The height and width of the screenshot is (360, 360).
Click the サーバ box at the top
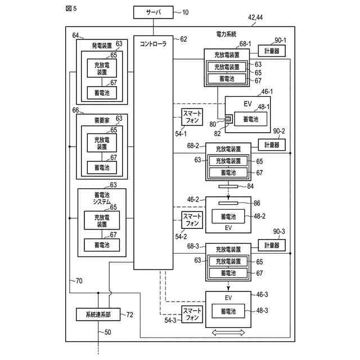click(x=154, y=12)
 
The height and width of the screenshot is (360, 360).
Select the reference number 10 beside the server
click(x=185, y=12)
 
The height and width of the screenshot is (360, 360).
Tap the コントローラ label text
click(x=153, y=44)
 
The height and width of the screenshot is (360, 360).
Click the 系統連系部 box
click(x=98, y=314)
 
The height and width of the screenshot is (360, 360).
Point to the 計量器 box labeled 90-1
click(x=272, y=51)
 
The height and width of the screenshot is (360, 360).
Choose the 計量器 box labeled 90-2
click(x=272, y=145)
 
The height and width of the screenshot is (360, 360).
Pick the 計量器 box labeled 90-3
click(x=272, y=245)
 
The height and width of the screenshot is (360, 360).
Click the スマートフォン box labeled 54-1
click(x=192, y=117)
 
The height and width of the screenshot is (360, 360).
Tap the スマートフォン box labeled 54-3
click(x=192, y=314)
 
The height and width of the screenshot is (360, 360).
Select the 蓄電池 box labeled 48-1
click(x=251, y=119)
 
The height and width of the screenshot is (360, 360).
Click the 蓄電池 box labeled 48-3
click(x=228, y=311)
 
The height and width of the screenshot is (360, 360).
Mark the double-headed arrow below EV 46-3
click(x=228, y=332)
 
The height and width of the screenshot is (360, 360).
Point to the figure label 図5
click(x=71, y=8)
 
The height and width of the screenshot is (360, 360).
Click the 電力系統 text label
click(x=226, y=34)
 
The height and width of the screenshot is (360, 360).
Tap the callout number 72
click(x=130, y=314)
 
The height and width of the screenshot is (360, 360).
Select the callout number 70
click(x=79, y=281)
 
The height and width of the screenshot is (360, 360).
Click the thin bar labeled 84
click(x=228, y=186)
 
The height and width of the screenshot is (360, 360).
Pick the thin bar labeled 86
click(x=228, y=203)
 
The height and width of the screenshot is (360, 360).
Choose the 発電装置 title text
click(x=102, y=46)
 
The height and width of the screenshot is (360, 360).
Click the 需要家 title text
click(x=102, y=120)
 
